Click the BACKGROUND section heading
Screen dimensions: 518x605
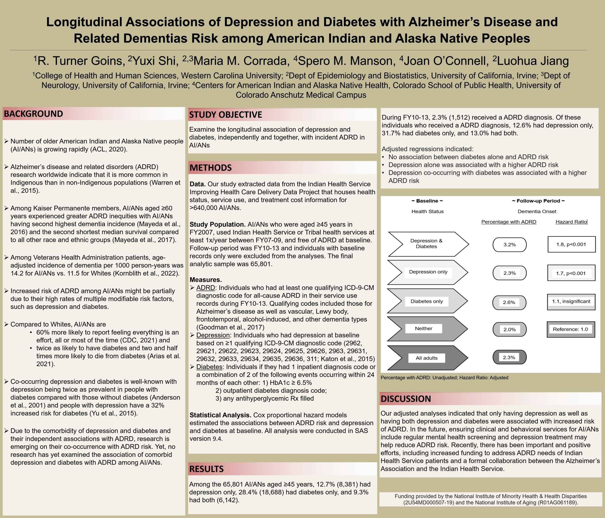tap(34, 114)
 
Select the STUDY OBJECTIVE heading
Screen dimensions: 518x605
tap(225, 115)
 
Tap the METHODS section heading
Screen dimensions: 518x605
tap(211, 168)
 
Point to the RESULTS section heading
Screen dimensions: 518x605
tap(207, 469)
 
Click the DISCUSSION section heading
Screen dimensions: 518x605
tap(406, 399)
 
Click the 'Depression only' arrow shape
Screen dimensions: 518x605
tap(428, 272)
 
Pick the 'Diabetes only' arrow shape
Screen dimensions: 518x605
tap(427, 301)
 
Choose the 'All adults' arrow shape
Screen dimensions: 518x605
tap(427, 358)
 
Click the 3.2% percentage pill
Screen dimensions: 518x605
tap(510, 245)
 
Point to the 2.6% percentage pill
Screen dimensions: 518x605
tap(509, 302)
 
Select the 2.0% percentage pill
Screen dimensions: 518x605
tap(510, 330)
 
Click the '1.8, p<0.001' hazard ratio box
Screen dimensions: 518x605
tap(571, 244)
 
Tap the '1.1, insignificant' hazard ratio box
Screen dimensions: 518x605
tap(571, 301)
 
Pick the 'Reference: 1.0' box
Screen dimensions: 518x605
tap(570, 329)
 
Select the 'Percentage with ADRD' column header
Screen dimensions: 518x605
tap(509, 222)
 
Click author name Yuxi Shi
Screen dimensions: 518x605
tap(153, 61)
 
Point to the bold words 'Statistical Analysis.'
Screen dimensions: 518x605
tap(220, 415)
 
